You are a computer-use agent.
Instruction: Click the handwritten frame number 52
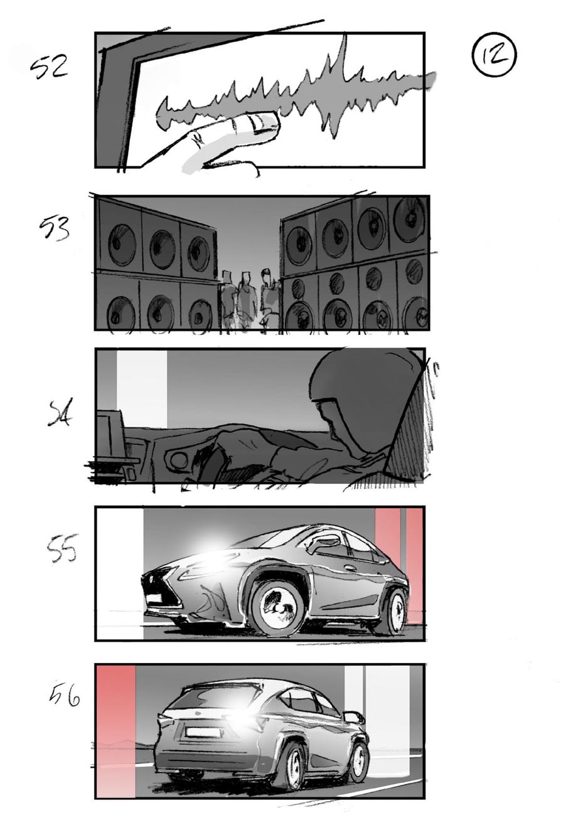click(x=50, y=66)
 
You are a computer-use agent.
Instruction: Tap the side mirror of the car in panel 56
click(x=353, y=716)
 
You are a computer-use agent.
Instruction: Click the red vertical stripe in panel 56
click(x=116, y=731)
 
